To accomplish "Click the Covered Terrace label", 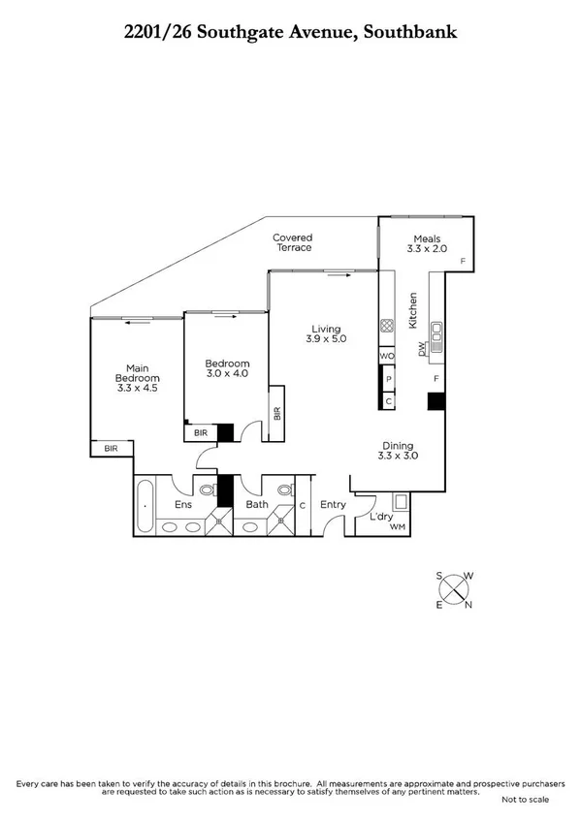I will [x=292, y=242].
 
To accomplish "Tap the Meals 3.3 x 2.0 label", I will [x=427, y=244].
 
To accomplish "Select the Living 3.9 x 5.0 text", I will [x=326, y=333].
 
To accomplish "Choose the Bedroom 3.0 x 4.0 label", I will [x=227, y=368].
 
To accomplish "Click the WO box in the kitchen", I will [x=387, y=356].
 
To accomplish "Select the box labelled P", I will [x=388, y=379].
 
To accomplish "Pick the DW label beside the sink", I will [x=422, y=349].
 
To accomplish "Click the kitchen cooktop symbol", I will [x=386, y=327].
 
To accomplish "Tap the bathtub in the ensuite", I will [x=145, y=506].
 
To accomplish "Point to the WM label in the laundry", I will [x=396, y=526].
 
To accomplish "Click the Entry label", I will [x=333, y=504].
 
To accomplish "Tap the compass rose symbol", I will [x=454, y=590].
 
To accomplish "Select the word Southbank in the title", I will [x=407, y=33].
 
